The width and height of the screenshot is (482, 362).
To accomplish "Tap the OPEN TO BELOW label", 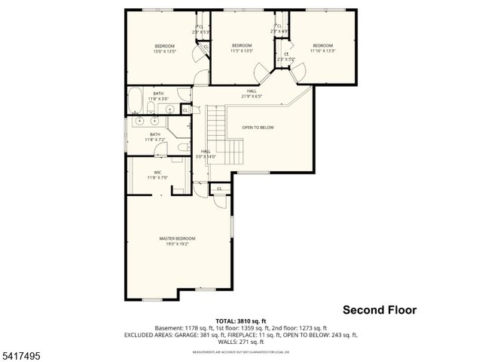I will point(258,127).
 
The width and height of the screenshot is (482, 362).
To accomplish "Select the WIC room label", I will point(158,173).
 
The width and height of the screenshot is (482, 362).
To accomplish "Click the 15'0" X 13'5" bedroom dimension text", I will point(164,51).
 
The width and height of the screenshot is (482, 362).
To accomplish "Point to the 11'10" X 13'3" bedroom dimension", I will point(322,51).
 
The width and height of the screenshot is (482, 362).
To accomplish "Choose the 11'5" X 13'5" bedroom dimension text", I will point(241,51).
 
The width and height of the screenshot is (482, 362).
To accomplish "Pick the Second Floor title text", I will point(379,309).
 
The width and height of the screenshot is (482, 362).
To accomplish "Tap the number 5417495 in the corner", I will point(22,353).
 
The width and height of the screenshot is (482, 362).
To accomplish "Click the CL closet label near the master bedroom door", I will point(219,189).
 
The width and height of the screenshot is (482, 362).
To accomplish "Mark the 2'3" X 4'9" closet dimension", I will point(279,31).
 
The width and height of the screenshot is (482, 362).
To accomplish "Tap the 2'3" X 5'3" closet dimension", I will point(201,32).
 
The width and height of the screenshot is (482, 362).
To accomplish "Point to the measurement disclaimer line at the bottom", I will point(241,352).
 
